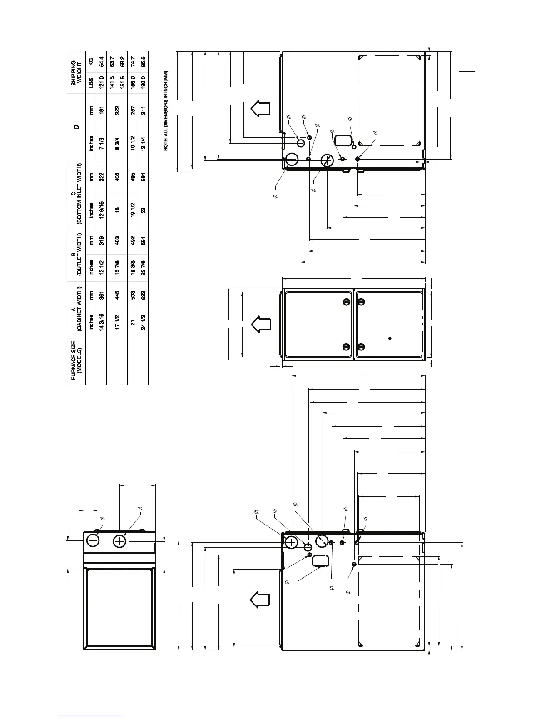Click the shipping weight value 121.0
pyautogui.click(x=102, y=82)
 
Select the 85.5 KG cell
pyautogui.click(x=144, y=62)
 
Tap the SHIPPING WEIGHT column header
pyautogui.click(x=76, y=73)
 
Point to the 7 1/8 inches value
pyautogui.click(x=102, y=144)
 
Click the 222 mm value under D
pyautogui.click(x=117, y=110)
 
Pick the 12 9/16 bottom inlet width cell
pyautogui.click(x=102, y=210)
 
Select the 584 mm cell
pyautogui.click(x=144, y=177)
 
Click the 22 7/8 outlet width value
pyautogui.click(x=144, y=268)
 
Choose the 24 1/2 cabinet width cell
pyautogui.click(x=144, y=322)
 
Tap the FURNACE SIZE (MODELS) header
pyautogui.click(x=76, y=360)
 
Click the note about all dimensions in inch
pyautogui.click(x=166, y=110)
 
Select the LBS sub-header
pyautogui.click(x=91, y=82)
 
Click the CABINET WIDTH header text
pyautogui.click(x=79, y=309)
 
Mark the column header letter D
pyautogui.click(x=76, y=127)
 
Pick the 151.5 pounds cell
pyautogui.click(x=123, y=82)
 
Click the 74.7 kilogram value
pyautogui.click(x=133, y=62)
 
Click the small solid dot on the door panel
pyautogui.click(x=390, y=338)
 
